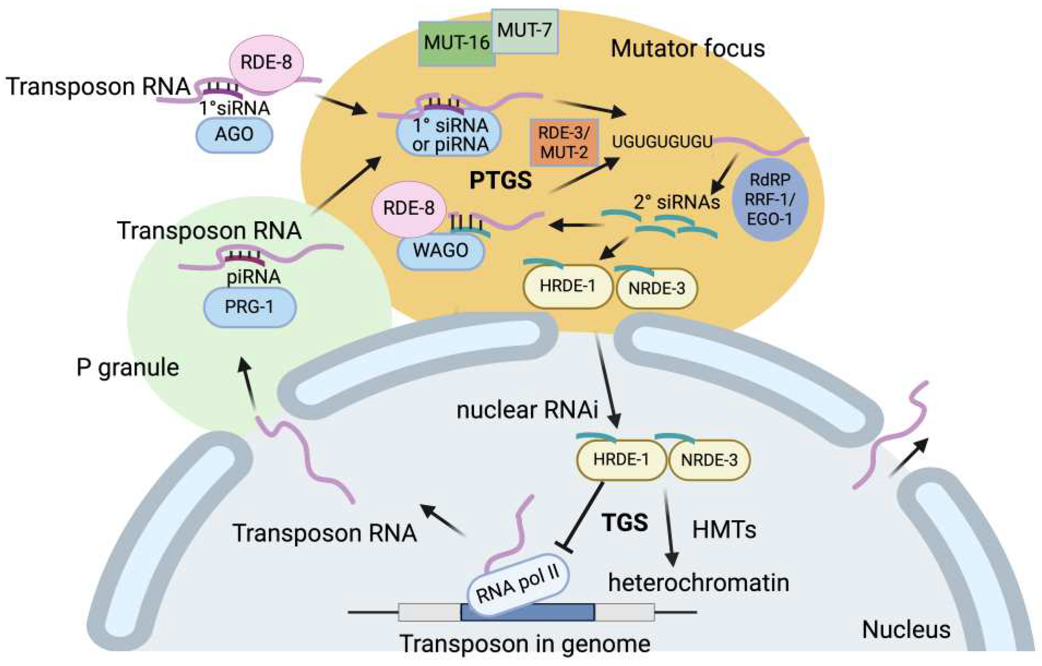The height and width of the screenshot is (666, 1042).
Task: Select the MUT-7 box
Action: tap(525, 31)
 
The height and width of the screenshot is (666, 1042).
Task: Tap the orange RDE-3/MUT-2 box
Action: tap(564, 143)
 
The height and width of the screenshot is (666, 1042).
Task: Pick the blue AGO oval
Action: tap(234, 134)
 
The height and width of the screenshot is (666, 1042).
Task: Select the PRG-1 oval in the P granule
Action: tap(250, 307)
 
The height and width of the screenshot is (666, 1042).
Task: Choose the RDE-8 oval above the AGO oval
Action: tap(266, 63)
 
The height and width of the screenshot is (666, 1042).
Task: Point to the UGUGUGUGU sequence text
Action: tap(662, 142)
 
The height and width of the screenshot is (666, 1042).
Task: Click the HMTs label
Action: tap(724, 530)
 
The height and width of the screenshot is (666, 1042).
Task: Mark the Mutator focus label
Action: tap(687, 48)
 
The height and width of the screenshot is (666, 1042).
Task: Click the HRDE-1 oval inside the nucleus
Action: tap(621, 460)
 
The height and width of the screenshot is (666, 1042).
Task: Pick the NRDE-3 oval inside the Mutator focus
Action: tap(657, 288)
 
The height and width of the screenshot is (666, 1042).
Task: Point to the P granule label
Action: tap(128, 368)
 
